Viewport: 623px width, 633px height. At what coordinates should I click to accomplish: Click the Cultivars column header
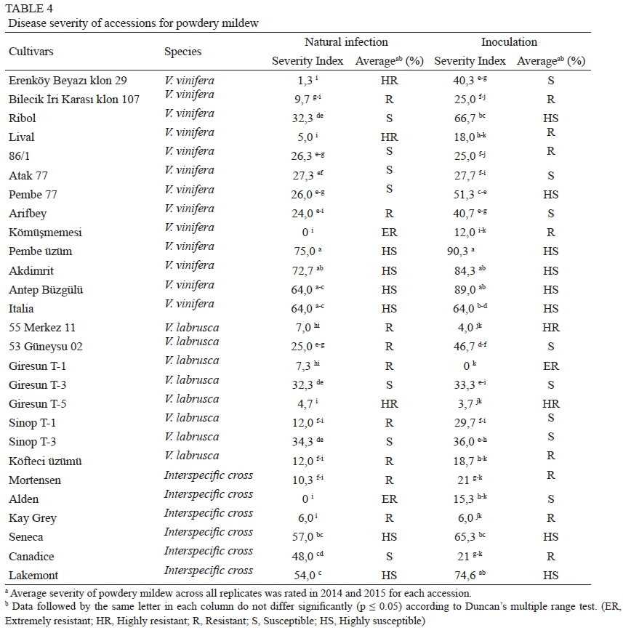coord(31,52)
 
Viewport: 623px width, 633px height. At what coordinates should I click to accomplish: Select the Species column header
coord(182,52)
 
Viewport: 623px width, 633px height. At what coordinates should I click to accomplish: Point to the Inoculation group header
coord(509,42)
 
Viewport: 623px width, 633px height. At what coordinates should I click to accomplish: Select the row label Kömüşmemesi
coord(46,233)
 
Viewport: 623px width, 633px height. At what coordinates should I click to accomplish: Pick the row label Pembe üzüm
coord(41,251)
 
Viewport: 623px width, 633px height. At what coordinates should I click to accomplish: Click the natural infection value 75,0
coord(302,251)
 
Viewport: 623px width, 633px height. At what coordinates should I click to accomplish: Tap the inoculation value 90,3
coord(465,251)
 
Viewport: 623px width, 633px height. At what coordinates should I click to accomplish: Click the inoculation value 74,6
coord(465,575)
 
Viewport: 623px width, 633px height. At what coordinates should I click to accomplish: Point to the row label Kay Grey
coord(33,518)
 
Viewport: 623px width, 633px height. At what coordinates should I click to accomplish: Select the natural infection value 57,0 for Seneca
coord(302,537)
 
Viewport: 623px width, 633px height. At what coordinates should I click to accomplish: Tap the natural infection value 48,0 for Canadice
coord(302,556)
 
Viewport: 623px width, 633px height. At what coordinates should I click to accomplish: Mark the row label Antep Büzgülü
coord(46,290)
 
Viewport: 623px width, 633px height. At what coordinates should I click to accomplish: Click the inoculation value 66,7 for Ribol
coord(465,118)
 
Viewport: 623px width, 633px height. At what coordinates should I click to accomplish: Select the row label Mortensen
coord(35,480)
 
